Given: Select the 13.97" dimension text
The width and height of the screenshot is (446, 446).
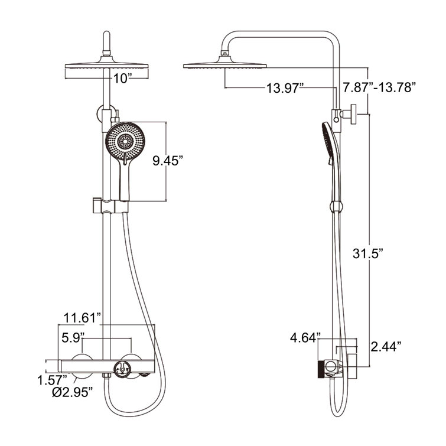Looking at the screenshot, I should pyautogui.click(x=284, y=89).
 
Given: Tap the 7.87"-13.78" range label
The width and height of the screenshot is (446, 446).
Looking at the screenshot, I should pyautogui.click(x=380, y=89).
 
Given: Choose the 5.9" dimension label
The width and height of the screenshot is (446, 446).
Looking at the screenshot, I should pyautogui.click(x=74, y=338).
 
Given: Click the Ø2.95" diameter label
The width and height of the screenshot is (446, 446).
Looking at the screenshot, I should pyautogui.click(x=71, y=394).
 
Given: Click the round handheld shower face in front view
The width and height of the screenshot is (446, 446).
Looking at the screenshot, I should pyautogui.click(x=124, y=141).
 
